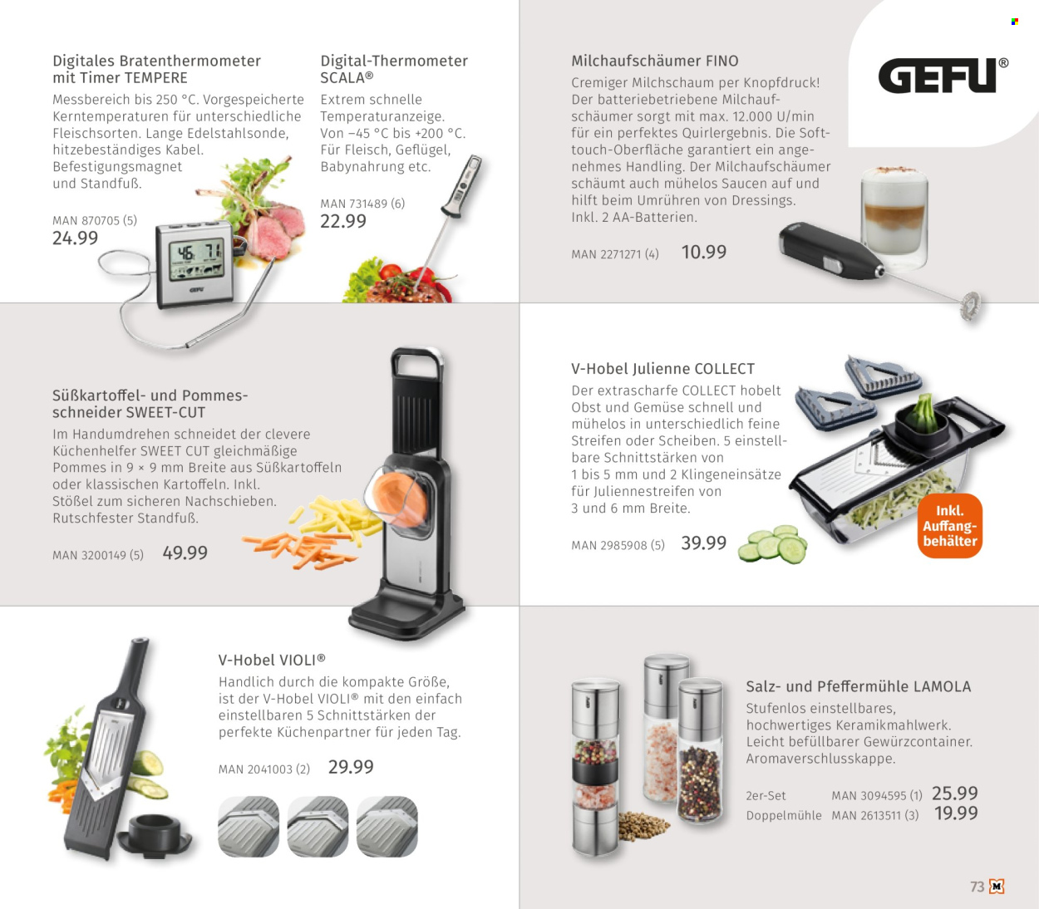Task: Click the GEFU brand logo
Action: tap(943, 76)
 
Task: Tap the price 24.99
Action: tap(75, 238)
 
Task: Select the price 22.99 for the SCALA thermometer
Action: tap(342, 221)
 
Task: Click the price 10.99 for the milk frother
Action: tap(704, 253)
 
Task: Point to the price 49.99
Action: tap(185, 553)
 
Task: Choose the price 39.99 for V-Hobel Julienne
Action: tap(704, 543)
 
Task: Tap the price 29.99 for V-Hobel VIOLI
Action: tap(351, 767)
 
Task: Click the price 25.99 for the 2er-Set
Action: tap(955, 794)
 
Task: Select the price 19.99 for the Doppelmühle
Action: tap(956, 813)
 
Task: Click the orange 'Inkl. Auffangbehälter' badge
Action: tap(949, 526)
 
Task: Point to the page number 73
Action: tap(977, 887)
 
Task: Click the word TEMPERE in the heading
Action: tap(156, 77)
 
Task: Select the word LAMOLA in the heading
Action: tap(942, 686)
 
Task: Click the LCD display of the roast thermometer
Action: tap(196, 260)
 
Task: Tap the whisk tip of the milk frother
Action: tap(971, 306)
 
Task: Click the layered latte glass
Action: tap(894, 219)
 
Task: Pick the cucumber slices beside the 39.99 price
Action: tap(772, 544)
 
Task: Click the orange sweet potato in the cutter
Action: tap(400, 499)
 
